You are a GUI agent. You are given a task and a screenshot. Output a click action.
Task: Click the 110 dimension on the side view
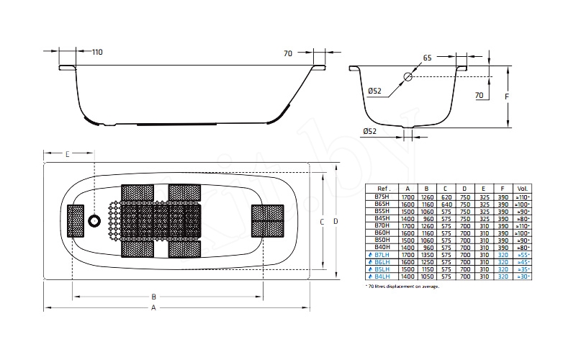pos(97,52)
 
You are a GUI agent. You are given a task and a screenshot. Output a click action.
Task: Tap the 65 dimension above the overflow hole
pos(428,58)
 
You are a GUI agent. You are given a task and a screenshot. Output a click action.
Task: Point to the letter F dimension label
pos(507,95)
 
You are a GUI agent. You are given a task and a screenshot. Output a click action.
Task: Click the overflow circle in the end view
pos(408,76)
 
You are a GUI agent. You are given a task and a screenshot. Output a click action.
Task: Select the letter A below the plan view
pos(153,309)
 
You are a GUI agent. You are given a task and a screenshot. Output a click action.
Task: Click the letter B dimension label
pos(153,296)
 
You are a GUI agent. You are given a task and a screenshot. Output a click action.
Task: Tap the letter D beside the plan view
pos(335,222)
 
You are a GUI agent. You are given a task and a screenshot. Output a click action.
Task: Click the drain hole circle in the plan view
pos(94,221)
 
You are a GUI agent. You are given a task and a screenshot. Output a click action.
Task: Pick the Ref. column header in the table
pos(382,189)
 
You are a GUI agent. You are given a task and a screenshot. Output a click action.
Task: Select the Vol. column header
pos(522,189)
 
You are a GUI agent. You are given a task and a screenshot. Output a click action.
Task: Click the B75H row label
pos(382,197)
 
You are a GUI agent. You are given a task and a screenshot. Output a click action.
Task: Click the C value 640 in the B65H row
pos(446,204)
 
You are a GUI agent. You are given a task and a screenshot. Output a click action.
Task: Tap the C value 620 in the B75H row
pos(446,197)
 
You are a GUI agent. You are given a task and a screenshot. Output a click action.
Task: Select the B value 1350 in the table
pos(427,255)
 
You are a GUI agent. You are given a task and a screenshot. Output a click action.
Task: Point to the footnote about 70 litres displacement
pos(402,286)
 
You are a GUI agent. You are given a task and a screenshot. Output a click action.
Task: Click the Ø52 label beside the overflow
pos(374,91)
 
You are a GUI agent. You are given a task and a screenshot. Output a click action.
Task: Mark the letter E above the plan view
pos(67,154)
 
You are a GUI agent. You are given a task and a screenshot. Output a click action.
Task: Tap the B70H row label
pos(382,225)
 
